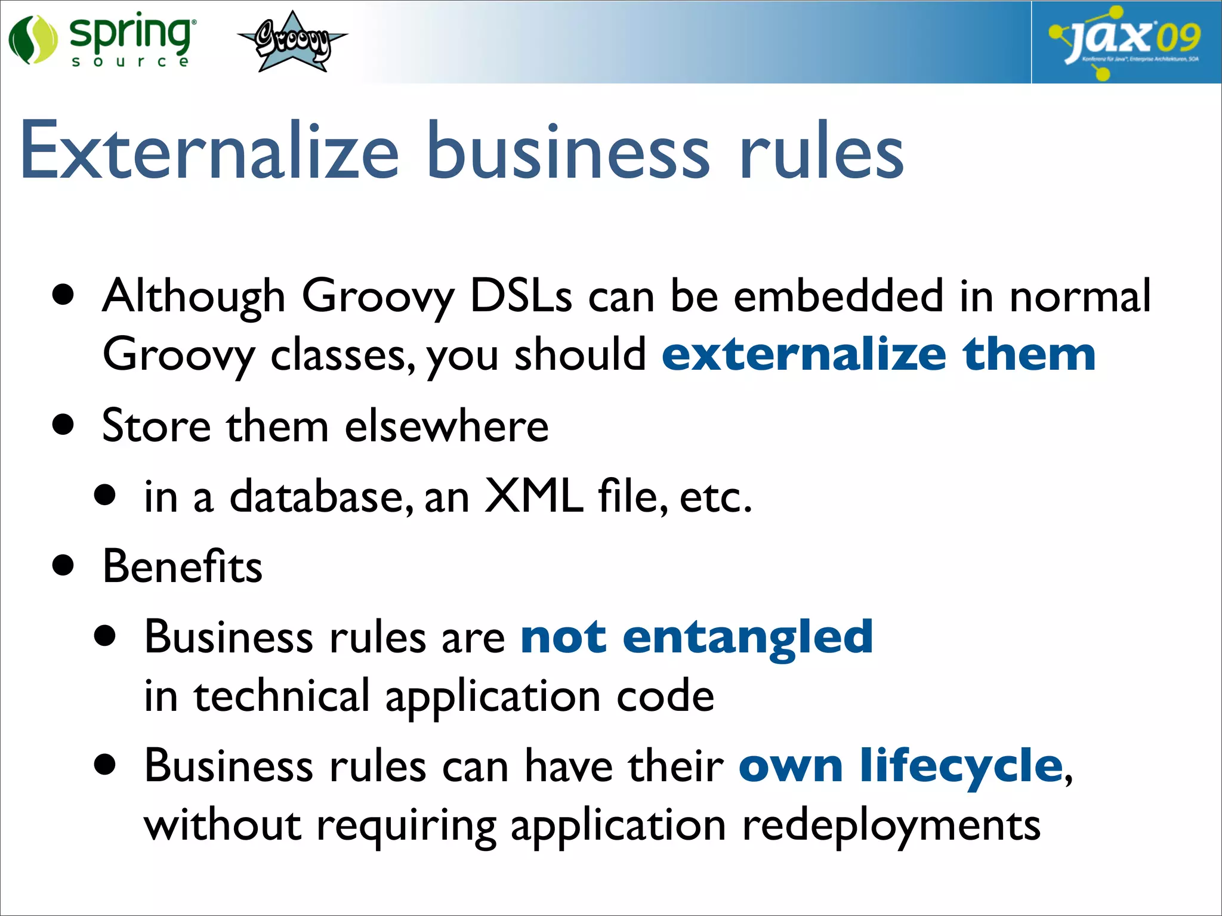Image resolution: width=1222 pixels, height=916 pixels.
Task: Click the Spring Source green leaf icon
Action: [x=33, y=40]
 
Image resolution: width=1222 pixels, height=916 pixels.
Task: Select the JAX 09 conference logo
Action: [x=1125, y=42]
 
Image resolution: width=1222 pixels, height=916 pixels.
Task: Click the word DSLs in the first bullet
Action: [x=521, y=296]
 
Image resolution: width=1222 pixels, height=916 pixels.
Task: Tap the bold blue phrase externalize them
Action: [x=878, y=354]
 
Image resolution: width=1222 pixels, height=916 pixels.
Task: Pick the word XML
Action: [x=533, y=496]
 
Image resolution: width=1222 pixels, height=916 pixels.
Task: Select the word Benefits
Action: [x=182, y=566]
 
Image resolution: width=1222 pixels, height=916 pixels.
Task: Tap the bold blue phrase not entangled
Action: [x=696, y=636]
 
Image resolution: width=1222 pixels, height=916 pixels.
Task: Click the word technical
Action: [x=282, y=695]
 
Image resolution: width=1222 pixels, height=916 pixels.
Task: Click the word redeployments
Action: [x=891, y=826]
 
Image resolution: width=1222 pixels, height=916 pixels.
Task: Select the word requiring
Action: [x=406, y=826]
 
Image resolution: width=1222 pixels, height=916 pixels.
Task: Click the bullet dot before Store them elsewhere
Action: [x=63, y=425]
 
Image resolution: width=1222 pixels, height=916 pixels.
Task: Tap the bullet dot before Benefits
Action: [x=63, y=565]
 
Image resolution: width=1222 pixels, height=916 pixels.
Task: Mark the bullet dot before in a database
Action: [x=105, y=495]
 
